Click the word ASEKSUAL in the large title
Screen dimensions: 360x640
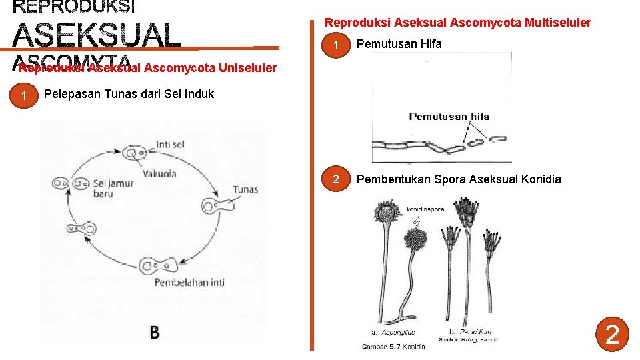pyautogui.click(x=97, y=35)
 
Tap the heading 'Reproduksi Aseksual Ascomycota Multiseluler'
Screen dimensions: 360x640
pyautogui.click(x=457, y=23)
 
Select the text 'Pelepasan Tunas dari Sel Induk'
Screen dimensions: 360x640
pyautogui.click(x=129, y=94)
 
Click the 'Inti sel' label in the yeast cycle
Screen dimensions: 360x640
pyautogui.click(x=171, y=144)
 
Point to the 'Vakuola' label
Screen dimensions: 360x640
pyautogui.click(x=159, y=173)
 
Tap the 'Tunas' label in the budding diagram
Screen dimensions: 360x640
pyautogui.click(x=245, y=190)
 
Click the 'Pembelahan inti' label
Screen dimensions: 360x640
pyautogui.click(x=189, y=282)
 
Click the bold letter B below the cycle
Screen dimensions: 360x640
pyautogui.click(x=154, y=331)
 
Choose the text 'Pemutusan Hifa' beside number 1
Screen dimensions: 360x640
pyautogui.click(x=399, y=45)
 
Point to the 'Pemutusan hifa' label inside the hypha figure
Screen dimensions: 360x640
pyautogui.click(x=449, y=117)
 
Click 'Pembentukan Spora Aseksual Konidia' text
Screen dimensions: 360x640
pyautogui.click(x=459, y=179)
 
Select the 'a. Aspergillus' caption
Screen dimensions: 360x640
pyautogui.click(x=393, y=332)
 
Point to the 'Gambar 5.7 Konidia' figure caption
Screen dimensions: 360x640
pyautogui.click(x=393, y=347)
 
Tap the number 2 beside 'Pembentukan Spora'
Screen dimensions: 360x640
pyautogui.click(x=337, y=179)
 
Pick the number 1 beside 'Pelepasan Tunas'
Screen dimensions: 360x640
pyautogui.click(x=24, y=97)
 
